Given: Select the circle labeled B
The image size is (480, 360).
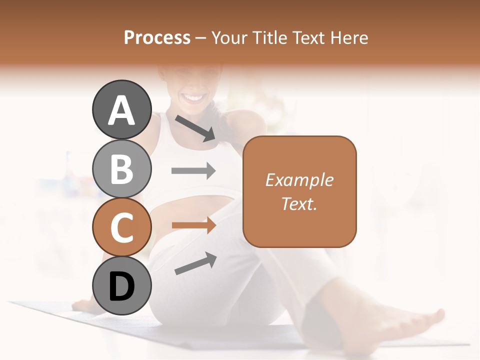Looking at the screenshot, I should [121, 168].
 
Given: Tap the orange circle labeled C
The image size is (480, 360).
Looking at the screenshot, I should [121, 227].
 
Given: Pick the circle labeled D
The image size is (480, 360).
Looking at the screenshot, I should [121, 286].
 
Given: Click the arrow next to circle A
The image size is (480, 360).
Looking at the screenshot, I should [195, 128].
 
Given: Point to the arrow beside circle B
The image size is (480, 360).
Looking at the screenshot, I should [193, 171].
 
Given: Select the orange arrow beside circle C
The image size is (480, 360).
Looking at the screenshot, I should [193, 225].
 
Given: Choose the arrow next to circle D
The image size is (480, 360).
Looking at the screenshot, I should [195, 263].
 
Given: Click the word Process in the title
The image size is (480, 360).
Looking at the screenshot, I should [157, 37].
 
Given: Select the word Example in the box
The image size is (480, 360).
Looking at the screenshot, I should [299, 180].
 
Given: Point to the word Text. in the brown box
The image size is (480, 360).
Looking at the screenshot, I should [299, 203].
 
